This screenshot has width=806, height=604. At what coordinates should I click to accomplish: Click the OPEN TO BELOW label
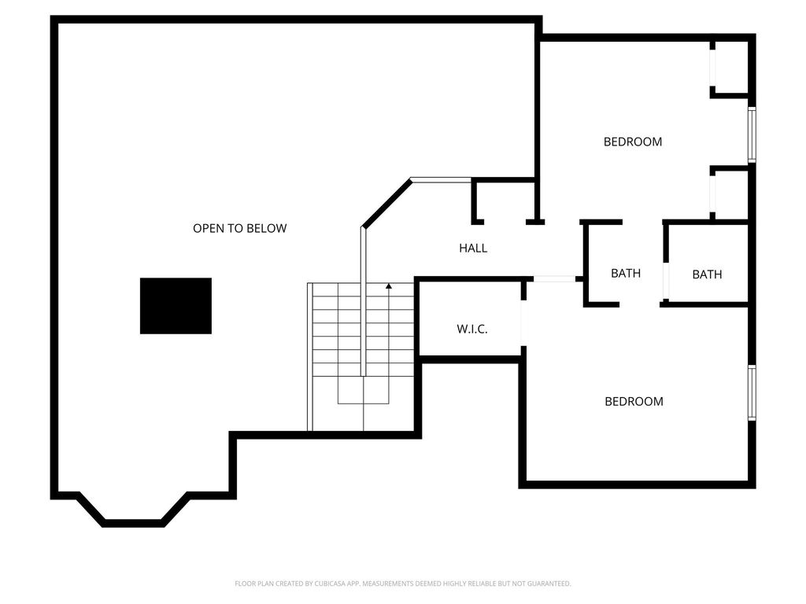coord(239,228)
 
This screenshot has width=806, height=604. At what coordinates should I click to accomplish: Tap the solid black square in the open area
coord(176,306)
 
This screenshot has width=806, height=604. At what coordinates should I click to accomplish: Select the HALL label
coord(473,248)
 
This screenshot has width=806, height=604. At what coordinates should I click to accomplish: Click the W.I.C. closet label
coord(472,329)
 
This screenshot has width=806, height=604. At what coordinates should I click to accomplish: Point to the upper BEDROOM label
coord(633,142)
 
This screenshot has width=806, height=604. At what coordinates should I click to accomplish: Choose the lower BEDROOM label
coord(634,401)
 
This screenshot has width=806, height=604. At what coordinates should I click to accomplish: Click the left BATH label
coord(626,273)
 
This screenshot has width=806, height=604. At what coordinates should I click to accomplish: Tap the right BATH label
coord(707,274)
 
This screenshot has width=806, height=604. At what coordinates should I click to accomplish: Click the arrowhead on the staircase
coord(389,285)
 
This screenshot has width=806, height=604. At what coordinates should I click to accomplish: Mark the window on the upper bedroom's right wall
coord(752,134)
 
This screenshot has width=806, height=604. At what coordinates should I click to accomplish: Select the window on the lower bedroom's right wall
coord(752,393)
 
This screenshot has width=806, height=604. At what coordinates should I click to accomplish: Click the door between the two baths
coord(666,282)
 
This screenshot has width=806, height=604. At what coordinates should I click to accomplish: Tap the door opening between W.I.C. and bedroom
coord(523,323)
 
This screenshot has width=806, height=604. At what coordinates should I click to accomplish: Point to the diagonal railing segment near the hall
coord(386,203)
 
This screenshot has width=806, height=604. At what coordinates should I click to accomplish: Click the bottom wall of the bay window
coord(133,523)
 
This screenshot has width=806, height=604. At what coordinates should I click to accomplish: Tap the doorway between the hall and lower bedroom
coord(554,279)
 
